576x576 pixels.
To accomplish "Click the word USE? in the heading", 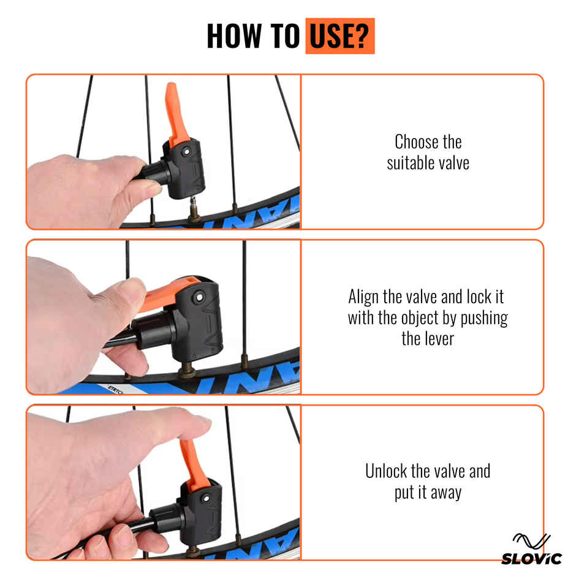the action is click(339, 36).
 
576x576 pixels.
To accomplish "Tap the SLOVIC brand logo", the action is click(531, 550).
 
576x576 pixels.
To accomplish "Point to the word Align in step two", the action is click(363, 297).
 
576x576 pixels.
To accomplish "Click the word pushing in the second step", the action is click(484, 319).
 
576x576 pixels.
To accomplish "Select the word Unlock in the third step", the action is click(386, 471).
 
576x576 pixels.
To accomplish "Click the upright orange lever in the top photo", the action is click(176, 114).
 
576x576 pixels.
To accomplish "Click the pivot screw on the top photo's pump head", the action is click(187, 151).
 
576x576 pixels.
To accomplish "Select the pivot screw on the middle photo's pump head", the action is click(199, 297).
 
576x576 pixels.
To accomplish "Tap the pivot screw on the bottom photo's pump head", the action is click(206, 499).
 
